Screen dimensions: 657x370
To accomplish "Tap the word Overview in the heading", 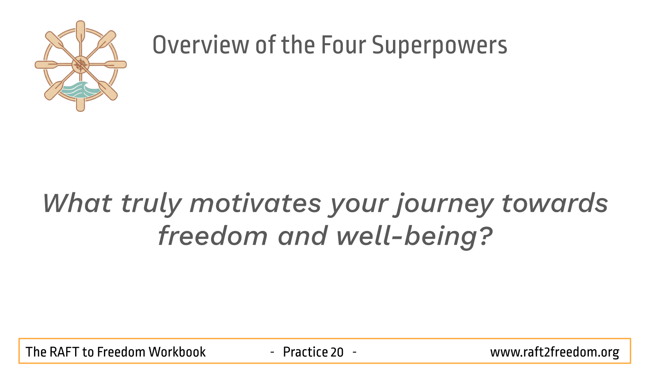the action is (201, 45).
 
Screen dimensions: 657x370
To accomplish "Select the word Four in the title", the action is (343, 45).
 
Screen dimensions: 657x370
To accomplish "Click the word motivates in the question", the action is (255, 203).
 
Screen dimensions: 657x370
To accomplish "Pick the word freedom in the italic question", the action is (213, 236).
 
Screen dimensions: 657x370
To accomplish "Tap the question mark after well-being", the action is (486, 236).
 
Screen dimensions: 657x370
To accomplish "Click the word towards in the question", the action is (555, 203).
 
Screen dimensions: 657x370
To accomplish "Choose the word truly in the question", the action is (152, 205).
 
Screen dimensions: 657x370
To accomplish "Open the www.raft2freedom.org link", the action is (555, 352).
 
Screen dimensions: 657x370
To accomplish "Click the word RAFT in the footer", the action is (64, 352).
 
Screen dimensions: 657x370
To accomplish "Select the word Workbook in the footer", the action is (177, 352).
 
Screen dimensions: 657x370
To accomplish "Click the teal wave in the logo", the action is (80, 90).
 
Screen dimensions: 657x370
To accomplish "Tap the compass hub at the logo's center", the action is (80, 65).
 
